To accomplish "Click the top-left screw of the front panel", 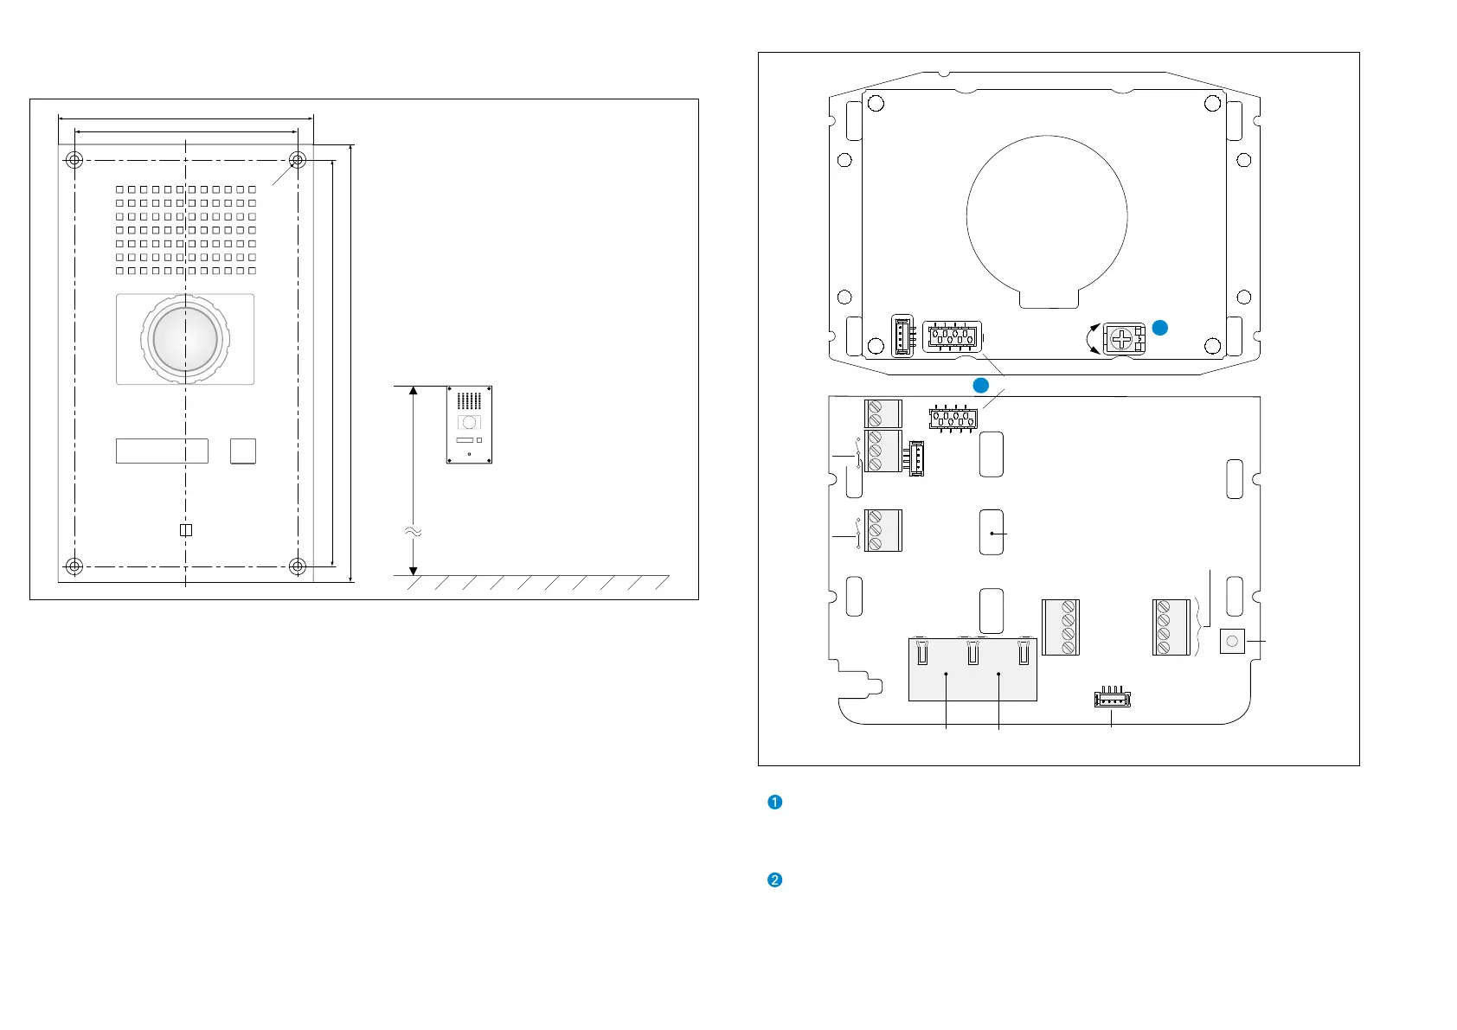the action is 74,160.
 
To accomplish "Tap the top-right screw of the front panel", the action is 298,160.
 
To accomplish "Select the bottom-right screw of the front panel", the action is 298,566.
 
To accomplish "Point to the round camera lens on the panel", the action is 185,338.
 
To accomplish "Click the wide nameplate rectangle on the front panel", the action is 162,451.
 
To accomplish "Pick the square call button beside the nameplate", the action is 243,451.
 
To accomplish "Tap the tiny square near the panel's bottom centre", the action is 185,530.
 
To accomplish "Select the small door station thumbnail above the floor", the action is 469,425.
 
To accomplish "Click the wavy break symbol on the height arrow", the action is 414,532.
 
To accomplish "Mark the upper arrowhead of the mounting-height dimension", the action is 414,391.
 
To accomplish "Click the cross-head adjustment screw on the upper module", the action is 1123,339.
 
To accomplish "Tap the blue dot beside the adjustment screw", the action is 1160,328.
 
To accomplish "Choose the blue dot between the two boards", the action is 980,384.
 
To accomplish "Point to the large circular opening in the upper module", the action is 1047,216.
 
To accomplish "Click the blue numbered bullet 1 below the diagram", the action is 775,802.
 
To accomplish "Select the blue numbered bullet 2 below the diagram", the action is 775,880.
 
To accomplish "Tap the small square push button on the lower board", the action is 1232,642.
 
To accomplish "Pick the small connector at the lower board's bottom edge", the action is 1112,699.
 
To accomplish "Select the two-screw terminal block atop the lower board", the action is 883,413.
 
